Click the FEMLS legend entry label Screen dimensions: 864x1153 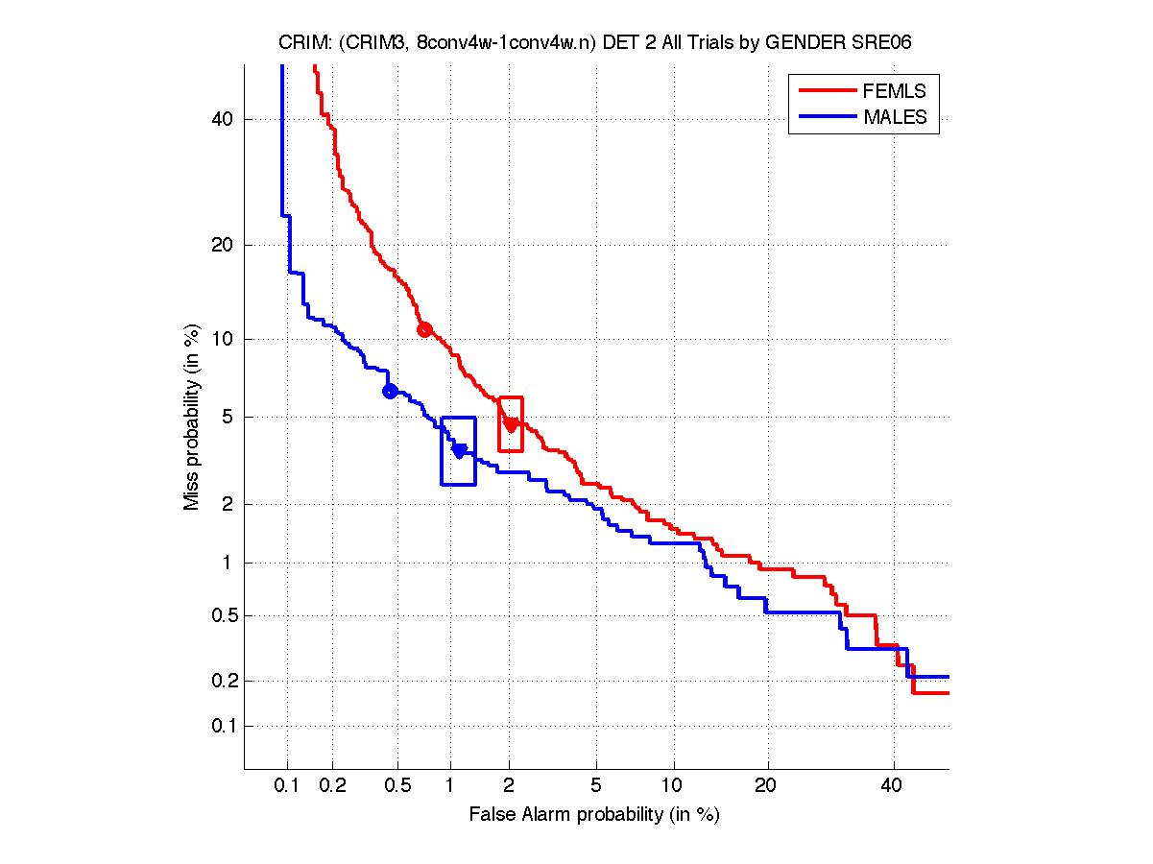pyautogui.click(x=894, y=91)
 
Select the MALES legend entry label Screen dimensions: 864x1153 pyautogui.click(x=895, y=117)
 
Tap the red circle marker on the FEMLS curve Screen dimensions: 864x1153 pyautogui.click(x=424, y=329)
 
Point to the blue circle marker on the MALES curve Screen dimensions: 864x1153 pyautogui.click(x=390, y=391)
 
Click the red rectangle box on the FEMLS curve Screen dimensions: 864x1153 pyautogui.click(x=510, y=423)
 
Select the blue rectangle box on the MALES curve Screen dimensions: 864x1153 pyautogui.click(x=458, y=450)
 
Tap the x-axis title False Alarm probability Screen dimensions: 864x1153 pyautogui.click(x=594, y=815)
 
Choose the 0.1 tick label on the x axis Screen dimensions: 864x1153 pyautogui.click(x=287, y=785)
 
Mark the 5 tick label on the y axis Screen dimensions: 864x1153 pyautogui.click(x=229, y=418)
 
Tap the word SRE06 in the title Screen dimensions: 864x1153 pyautogui.click(x=897, y=43)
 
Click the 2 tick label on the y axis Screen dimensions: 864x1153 pyautogui.click(x=229, y=504)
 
